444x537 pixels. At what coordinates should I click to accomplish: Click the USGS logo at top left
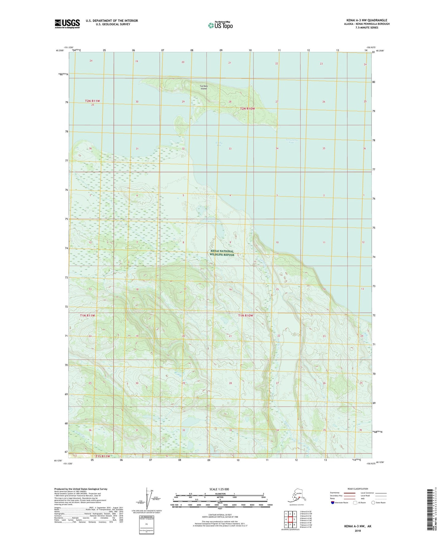pyautogui.click(x=67, y=24)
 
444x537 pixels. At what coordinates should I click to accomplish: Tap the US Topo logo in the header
pyautogui.click(x=220, y=25)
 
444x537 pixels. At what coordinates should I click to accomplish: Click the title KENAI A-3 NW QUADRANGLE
pyautogui.click(x=367, y=20)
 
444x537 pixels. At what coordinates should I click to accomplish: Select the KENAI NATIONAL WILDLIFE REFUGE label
pyautogui.click(x=222, y=253)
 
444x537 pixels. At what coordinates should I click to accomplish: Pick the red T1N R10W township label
pyautogui.click(x=246, y=316)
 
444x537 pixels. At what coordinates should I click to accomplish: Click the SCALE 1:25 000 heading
pyautogui.click(x=219, y=489)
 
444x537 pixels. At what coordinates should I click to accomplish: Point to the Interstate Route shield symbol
pyautogui.click(x=332, y=503)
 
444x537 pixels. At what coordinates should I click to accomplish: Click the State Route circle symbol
pyautogui.click(x=373, y=503)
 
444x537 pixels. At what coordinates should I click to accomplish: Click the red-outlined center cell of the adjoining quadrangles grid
pyautogui.click(x=290, y=519)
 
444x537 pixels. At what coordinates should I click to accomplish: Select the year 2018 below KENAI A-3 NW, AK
pyautogui.click(x=358, y=531)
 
